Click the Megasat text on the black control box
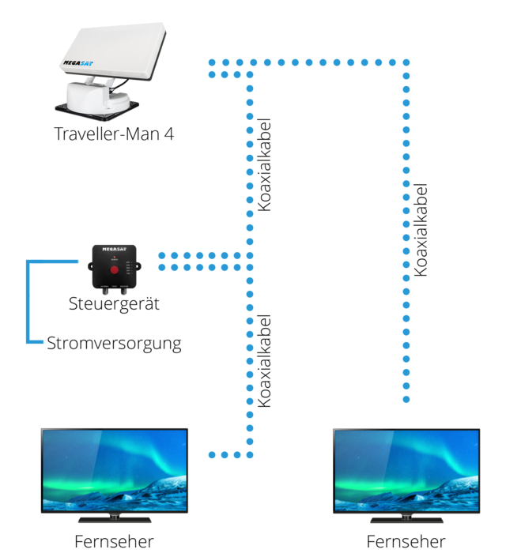point(114,249)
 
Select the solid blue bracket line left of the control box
point(29,300)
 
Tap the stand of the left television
point(115,518)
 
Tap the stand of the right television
point(406,518)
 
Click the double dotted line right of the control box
point(202,262)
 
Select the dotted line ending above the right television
point(406,237)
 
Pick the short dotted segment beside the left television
point(225,454)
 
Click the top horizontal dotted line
point(316,62)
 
